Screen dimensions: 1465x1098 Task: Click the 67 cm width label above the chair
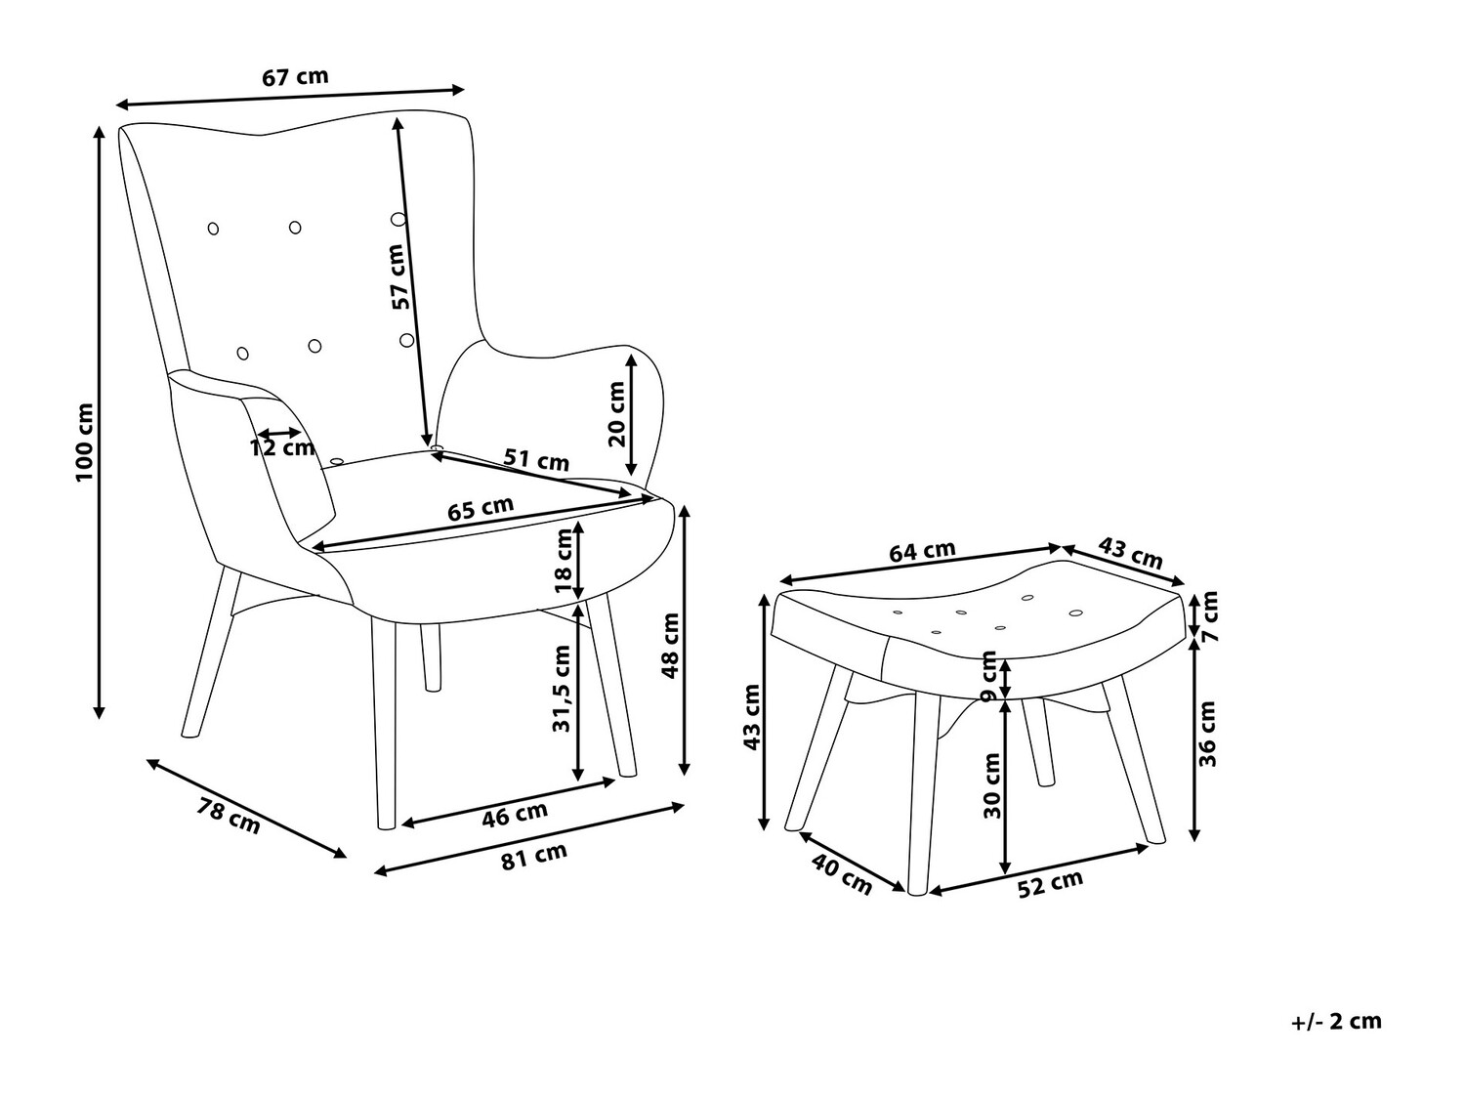pos(295,76)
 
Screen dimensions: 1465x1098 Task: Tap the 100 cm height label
pos(85,442)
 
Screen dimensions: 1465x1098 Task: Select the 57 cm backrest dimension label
pos(398,276)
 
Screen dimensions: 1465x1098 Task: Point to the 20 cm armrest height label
pos(616,413)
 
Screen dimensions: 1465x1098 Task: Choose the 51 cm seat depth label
pos(536,459)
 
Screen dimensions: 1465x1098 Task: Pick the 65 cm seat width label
pos(481,509)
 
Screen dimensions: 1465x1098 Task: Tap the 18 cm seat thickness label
pos(564,561)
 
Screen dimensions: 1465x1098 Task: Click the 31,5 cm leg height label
pos(562,688)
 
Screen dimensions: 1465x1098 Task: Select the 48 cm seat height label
pos(670,646)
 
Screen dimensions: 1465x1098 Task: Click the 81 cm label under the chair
pos(534,856)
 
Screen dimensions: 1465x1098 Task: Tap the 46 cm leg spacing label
pos(515,814)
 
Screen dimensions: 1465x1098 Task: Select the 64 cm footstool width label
pos(922,551)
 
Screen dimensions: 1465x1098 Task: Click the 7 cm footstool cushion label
pos(1209,615)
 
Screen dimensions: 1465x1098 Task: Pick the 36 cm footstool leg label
pos(1208,735)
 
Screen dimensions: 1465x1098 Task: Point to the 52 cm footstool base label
pos(1050,884)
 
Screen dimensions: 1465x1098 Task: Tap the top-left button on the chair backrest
pos(214,229)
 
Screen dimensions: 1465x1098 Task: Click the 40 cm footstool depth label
pos(842,873)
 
